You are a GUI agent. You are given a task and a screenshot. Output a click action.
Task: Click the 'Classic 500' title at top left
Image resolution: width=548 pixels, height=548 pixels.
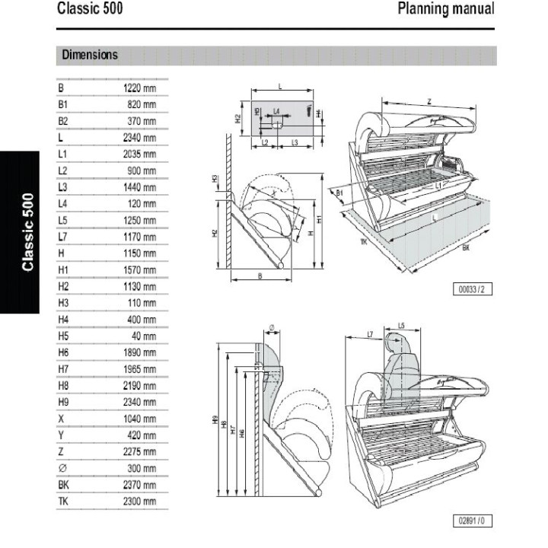(90, 10)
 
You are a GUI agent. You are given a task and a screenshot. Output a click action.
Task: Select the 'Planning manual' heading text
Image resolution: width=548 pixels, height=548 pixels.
(445, 10)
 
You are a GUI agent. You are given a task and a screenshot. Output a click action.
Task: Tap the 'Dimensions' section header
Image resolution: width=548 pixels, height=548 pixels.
(90, 55)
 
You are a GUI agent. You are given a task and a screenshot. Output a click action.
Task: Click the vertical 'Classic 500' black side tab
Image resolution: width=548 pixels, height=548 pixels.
(28, 233)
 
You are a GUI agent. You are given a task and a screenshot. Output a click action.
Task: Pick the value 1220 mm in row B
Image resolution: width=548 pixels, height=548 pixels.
(139, 88)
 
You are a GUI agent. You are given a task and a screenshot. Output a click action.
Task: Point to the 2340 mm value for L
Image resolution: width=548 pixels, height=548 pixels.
(139, 138)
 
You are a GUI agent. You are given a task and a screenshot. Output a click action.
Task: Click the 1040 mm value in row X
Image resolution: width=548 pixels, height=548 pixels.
(139, 419)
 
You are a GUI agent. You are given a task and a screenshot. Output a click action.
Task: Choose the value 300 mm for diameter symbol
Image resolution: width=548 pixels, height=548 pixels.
(142, 468)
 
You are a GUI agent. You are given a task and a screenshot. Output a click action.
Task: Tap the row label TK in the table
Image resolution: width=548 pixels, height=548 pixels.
(63, 502)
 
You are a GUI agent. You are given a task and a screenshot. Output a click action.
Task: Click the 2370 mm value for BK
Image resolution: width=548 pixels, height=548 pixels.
(139, 485)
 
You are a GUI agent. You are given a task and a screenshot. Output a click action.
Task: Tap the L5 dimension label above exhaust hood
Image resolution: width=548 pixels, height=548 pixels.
(401, 325)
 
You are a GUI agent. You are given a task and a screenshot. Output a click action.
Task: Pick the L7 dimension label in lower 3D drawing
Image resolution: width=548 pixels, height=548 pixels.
(370, 334)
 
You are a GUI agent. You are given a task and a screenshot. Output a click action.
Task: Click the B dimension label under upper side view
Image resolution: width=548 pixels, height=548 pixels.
(260, 276)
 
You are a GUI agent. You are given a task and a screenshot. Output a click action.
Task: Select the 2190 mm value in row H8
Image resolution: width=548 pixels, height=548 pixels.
(139, 386)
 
